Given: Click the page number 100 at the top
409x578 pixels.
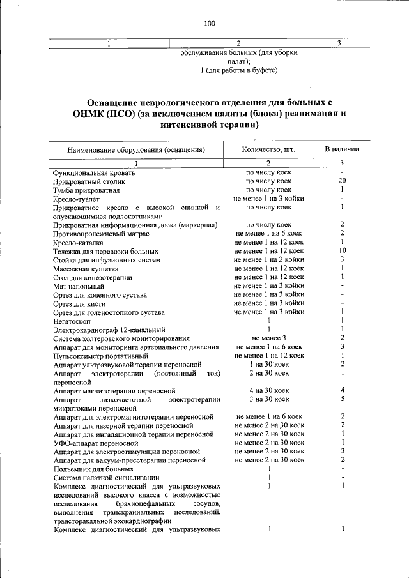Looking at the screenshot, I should tap(210, 24).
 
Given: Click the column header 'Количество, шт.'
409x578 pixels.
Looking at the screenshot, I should tap(268, 149).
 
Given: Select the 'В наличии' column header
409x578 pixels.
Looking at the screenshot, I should tap(342, 149).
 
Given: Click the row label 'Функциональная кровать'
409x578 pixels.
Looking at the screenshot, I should tap(94, 172).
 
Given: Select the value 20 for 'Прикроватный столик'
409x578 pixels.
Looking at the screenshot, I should tap(343, 181).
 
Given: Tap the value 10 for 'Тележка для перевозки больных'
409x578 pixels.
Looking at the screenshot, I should tap(343, 251).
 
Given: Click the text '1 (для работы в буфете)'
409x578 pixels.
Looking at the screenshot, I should tap(238, 68).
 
